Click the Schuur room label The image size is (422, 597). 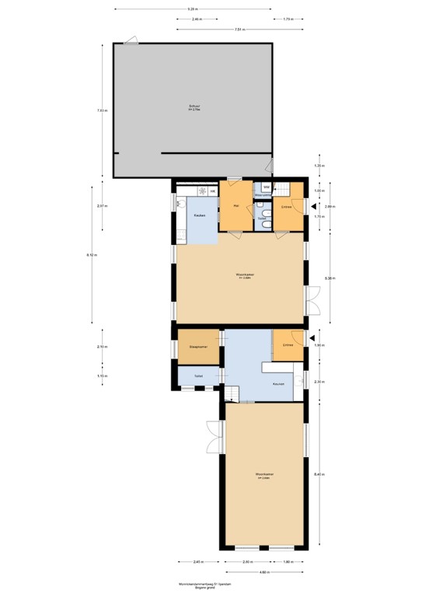coord(194,107)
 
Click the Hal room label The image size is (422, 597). coord(236,206)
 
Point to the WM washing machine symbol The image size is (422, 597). coord(266,187)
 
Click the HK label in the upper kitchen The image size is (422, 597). coord(213,190)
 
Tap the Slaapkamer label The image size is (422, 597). coord(198,347)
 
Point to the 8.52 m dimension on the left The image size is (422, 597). coord(92,255)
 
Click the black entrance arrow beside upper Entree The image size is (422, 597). coord(312,207)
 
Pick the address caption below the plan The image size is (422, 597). coord(211,584)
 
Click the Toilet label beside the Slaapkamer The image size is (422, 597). coord(199,377)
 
